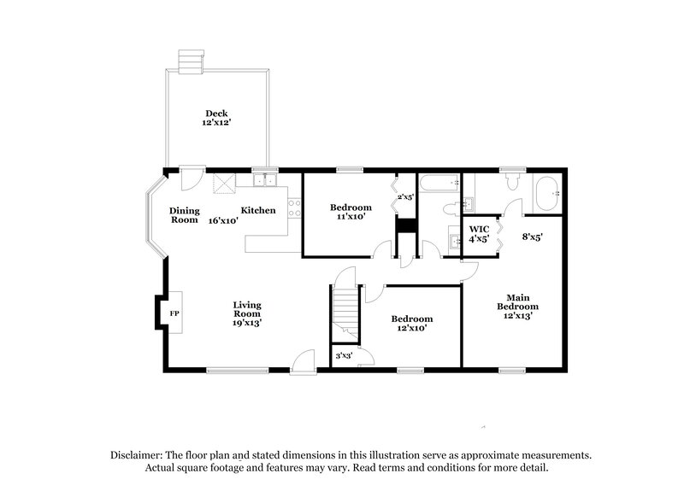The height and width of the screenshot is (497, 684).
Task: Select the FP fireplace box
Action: [174, 313]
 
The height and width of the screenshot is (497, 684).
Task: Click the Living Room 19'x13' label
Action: [248, 313]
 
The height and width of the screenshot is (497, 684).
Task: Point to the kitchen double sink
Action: [264, 179]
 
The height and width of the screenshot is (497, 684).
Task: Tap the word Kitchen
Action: [257, 211]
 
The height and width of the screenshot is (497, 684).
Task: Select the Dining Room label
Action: [184, 215]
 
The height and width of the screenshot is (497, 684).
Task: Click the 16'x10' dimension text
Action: [222, 220]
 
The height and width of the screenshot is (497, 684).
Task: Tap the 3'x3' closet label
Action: [344, 355]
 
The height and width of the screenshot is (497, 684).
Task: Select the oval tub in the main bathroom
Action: [546, 193]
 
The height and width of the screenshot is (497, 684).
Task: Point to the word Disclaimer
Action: [134, 456]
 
